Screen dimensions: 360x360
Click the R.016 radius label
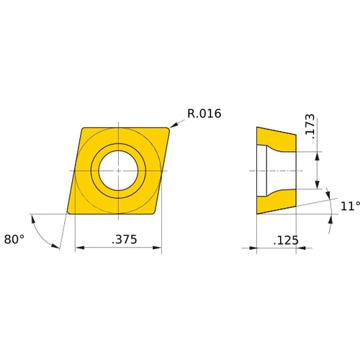pos(204,113)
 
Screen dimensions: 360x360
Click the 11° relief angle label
pos(349,206)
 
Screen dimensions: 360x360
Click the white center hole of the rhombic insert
pos(118,171)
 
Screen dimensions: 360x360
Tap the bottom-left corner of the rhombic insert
pos(68,212)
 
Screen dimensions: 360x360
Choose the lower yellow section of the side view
pos(278,202)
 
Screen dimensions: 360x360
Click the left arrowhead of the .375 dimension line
pos(78,248)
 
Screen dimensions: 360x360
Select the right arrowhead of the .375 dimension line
pos(158,248)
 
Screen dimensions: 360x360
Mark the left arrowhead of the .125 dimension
pos(253,248)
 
